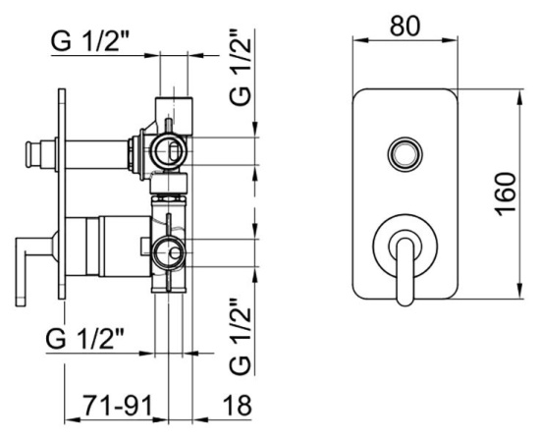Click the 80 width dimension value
point(405,26)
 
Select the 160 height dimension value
point(506,193)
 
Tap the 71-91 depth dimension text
point(117,406)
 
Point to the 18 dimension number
point(237,406)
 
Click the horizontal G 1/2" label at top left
point(89,41)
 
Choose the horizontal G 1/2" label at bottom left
point(84,340)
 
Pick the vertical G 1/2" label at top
point(241,67)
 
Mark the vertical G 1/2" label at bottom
point(241,337)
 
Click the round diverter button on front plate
point(405,154)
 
